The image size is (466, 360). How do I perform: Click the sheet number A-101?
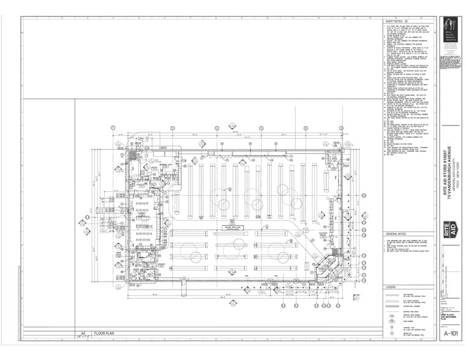[450, 333]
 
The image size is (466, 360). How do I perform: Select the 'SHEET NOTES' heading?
[396, 20]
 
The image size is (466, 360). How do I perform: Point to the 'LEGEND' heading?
[391, 287]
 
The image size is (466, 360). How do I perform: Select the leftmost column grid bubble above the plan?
[113, 127]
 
